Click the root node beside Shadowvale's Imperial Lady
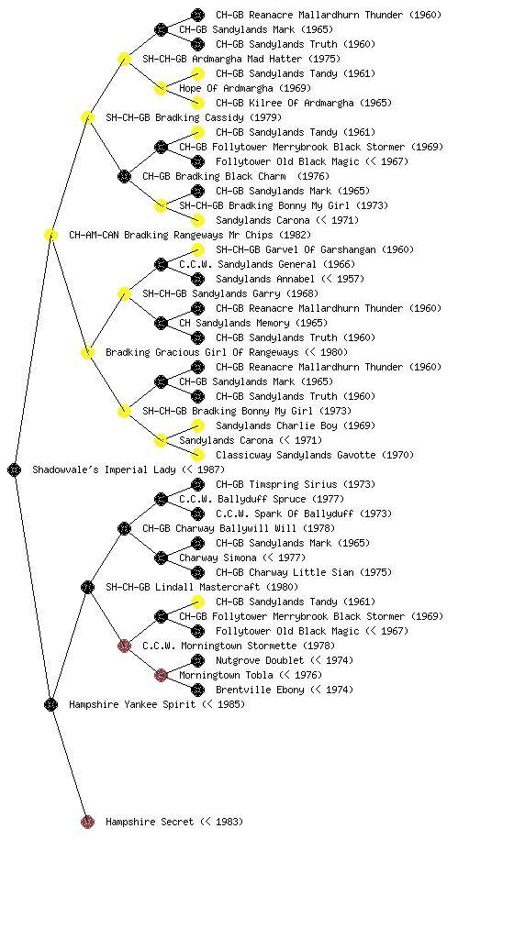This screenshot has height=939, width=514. pos(15,470)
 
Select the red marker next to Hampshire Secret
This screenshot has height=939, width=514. pos(87,822)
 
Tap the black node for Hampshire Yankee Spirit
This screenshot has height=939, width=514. pos(50,704)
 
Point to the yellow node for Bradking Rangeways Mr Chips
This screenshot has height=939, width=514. pos(50,235)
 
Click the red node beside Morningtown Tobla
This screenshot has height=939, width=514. pos(161,675)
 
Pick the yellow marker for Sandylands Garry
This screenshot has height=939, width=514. pos(124,293)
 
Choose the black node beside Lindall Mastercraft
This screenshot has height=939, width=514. pos(87,587)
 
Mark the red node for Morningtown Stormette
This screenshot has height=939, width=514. pos(124,646)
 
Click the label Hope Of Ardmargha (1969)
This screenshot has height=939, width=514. pos(245,88)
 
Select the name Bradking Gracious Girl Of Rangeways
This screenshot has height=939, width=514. pos(203,352)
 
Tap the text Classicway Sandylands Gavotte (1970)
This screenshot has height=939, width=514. pos(315,455)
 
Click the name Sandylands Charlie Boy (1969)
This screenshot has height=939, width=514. pos(296,425)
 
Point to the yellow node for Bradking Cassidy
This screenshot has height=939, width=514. pos(87,117)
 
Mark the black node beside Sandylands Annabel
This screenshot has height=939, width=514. pos(197,279)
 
